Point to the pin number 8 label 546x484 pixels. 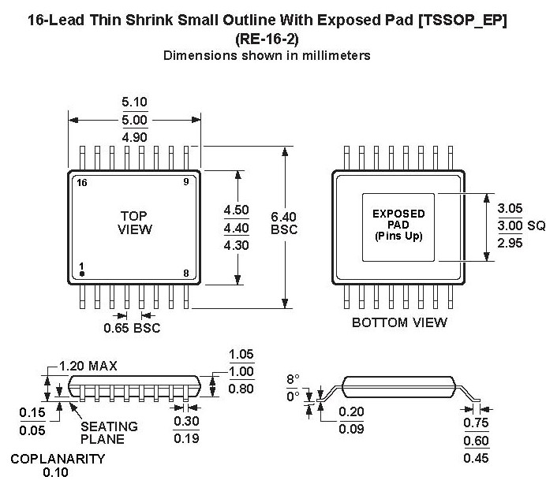pos(185,274)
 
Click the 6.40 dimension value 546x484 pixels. pos(284,216)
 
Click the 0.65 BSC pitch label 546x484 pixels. pos(132,328)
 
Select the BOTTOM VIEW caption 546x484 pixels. pos(399,322)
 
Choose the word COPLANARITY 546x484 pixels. pos(57,459)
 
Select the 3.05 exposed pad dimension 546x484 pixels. pos(510,210)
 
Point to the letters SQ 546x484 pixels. pos(537,225)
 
